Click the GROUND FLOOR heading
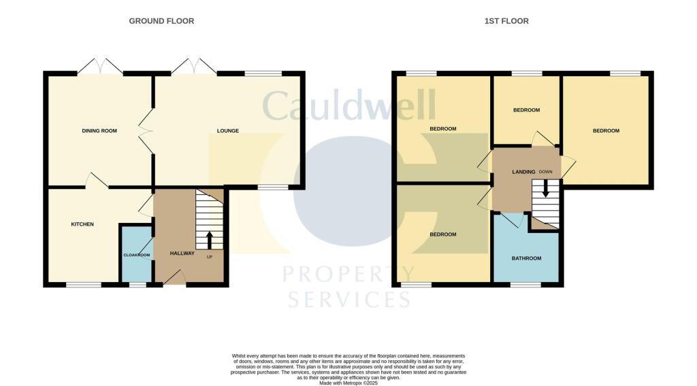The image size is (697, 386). pyautogui.click(x=161, y=21)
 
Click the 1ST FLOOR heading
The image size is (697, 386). pyautogui.click(x=506, y=21)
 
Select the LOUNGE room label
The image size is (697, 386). pyautogui.click(x=227, y=131)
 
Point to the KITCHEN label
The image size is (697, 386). pyautogui.click(x=82, y=224)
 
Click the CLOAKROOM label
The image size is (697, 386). pyautogui.click(x=136, y=256)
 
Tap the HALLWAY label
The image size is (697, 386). pyautogui.click(x=182, y=253)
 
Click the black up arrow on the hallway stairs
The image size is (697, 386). pyautogui.click(x=209, y=240)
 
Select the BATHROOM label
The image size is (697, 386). pyautogui.click(x=527, y=258)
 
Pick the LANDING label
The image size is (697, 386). pyautogui.click(x=523, y=172)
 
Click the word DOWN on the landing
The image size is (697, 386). pyautogui.click(x=545, y=172)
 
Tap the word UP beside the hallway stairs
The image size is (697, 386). pyautogui.click(x=209, y=258)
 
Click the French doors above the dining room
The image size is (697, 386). pyautogui.click(x=100, y=67)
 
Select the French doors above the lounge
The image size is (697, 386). pyautogui.click(x=194, y=67)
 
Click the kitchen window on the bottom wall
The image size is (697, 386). pyautogui.click(x=84, y=285)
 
